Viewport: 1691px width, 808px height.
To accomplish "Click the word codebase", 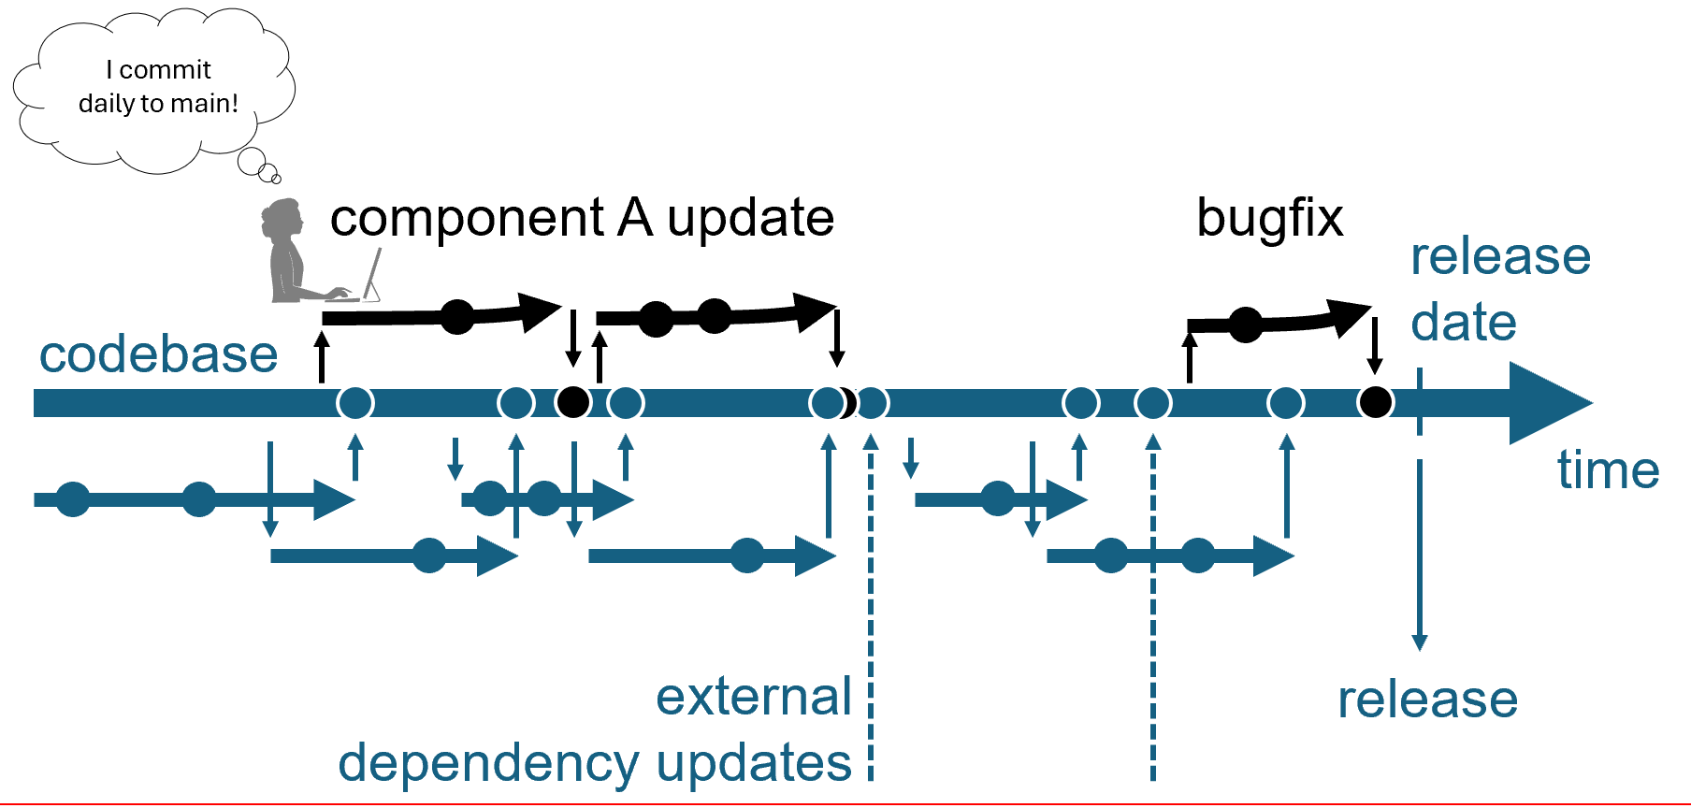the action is pyautogui.click(x=159, y=354).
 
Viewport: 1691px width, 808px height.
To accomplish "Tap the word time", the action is pyautogui.click(x=1608, y=469).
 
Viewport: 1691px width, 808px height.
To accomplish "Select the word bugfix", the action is pyautogui.click(x=1269, y=220).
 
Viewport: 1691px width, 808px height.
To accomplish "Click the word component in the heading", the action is pyautogui.click(x=467, y=220).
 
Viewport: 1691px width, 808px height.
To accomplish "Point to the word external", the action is pyautogui.click(x=754, y=697).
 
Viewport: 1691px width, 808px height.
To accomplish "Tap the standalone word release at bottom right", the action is pyautogui.click(x=1427, y=700).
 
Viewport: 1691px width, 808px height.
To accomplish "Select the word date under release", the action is pyautogui.click(x=1464, y=323).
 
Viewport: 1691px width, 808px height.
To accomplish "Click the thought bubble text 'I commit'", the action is pyautogui.click(x=159, y=70).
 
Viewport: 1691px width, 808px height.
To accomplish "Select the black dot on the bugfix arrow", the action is pyautogui.click(x=1246, y=325).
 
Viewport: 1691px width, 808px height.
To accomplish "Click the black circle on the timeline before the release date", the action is pyautogui.click(x=1375, y=402).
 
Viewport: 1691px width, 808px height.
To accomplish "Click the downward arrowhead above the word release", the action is pyautogui.click(x=1420, y=642).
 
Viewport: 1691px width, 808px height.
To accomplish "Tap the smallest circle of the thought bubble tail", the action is pyautogui.click(x=276, y=178).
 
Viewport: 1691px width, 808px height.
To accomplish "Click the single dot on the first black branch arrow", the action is pyautogui.click(x=457, y=316).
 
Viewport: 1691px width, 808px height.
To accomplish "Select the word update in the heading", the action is pyautogui.click(x=750, y=220).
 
